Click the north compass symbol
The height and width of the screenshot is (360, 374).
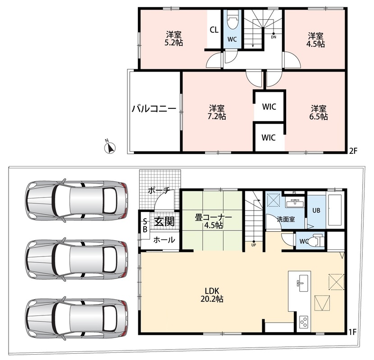click(109, 147)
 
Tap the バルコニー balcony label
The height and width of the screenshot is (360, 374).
click(154, 109)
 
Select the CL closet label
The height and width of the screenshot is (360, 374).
click(214, 30)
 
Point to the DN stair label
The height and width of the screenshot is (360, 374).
click(274, 37)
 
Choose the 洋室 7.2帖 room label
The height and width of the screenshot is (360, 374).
click(217, 112)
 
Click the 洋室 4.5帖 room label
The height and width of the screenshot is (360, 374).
click(315, 40)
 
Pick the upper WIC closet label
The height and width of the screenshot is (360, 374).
click(269, 107)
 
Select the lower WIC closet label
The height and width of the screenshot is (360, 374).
click(269, 137)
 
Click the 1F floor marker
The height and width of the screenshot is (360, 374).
click(352, 332)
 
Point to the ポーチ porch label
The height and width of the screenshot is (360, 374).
click(159, 191)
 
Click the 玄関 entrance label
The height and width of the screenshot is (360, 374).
click(164, 221)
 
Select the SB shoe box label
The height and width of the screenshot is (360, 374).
click(145, 226)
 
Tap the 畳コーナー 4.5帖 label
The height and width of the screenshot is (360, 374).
click(214, 221)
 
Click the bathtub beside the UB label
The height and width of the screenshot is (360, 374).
click(336, 210)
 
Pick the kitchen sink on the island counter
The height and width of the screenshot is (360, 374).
click(302, 283)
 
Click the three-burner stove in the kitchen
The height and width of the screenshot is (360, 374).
click(304, 323)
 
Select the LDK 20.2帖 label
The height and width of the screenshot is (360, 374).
click(212, 295)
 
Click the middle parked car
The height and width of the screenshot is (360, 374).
click(76, 261)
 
